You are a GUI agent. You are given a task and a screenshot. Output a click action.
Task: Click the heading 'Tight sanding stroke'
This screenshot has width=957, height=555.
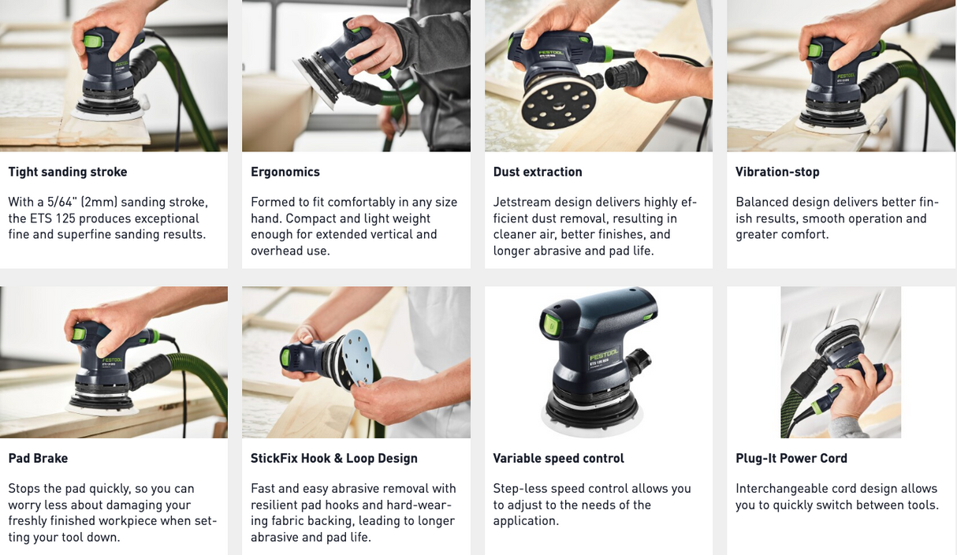pos(68,172)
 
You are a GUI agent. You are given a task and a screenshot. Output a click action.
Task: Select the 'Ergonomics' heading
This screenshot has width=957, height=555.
pos(285,172)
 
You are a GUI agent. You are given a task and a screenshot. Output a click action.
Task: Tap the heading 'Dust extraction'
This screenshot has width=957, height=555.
pos(538,172)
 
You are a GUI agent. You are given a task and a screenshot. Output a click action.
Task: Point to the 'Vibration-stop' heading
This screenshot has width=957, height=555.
pos(777,172)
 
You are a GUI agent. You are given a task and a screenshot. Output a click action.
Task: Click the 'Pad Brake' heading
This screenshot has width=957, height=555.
pos(38,458)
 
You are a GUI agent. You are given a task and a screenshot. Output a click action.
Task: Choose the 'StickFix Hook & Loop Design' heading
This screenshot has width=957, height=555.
pos(334,459)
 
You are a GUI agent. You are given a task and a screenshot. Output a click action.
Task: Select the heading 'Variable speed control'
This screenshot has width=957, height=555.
pos(558,459)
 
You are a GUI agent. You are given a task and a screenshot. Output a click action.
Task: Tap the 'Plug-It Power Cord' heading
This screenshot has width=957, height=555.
pos(791,459)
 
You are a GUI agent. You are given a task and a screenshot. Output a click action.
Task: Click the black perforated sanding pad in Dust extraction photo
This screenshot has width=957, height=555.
pos(559,103)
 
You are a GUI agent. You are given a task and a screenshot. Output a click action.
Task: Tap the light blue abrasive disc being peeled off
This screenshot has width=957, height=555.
pos(358,359)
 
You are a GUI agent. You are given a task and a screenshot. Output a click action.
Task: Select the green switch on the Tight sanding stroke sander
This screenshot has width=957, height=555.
pos(93,41)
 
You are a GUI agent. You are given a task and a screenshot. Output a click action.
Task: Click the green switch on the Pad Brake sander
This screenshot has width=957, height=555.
pos(79,333)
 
